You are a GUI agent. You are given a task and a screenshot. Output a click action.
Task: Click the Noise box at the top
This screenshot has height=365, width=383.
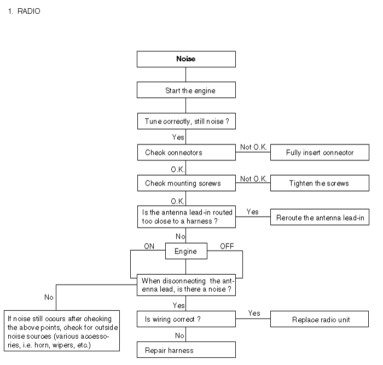click(186, 59)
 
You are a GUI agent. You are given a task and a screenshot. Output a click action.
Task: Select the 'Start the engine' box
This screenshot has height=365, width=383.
click(186, 90)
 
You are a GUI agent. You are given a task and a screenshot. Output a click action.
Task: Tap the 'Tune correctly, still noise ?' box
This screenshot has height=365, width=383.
click(187, 121)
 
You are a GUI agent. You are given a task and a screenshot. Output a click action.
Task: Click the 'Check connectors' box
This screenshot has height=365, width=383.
click(187, 152)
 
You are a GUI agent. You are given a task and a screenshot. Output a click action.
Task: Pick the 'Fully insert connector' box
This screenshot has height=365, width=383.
click(320, 152)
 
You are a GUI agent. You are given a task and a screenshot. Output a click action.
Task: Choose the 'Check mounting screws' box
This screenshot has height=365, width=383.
click(187, 183)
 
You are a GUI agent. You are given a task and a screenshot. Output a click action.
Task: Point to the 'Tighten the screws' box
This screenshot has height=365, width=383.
click(320, 183)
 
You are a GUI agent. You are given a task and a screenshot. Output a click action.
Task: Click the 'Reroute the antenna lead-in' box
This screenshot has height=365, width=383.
click(320, 217)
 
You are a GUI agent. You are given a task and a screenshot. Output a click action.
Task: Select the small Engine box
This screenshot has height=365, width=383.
click(186, 251)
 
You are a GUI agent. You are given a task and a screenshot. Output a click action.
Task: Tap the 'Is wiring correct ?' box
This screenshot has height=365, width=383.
click(186, 319)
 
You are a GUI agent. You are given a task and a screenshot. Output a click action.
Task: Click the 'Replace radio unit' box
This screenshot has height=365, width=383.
click(320, 319)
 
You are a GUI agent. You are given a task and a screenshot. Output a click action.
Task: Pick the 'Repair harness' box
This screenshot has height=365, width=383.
click(186, 350)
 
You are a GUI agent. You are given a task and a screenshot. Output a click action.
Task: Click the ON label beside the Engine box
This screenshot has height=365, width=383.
click(149, 246)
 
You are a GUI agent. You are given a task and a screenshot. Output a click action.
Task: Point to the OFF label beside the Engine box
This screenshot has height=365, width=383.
click(227, 246)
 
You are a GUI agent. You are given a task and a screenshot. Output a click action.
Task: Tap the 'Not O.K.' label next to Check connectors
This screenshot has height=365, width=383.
click(253, 147)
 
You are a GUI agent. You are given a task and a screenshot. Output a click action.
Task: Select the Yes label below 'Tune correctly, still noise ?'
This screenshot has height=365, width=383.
click(178, 137)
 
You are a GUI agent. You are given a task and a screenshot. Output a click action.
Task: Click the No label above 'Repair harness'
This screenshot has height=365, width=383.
click(179, 335)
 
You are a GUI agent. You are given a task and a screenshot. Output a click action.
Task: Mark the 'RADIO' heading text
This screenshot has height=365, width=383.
click(29, 11)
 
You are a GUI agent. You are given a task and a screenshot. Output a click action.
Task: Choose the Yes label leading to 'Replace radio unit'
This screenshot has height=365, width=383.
click(254, 313)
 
